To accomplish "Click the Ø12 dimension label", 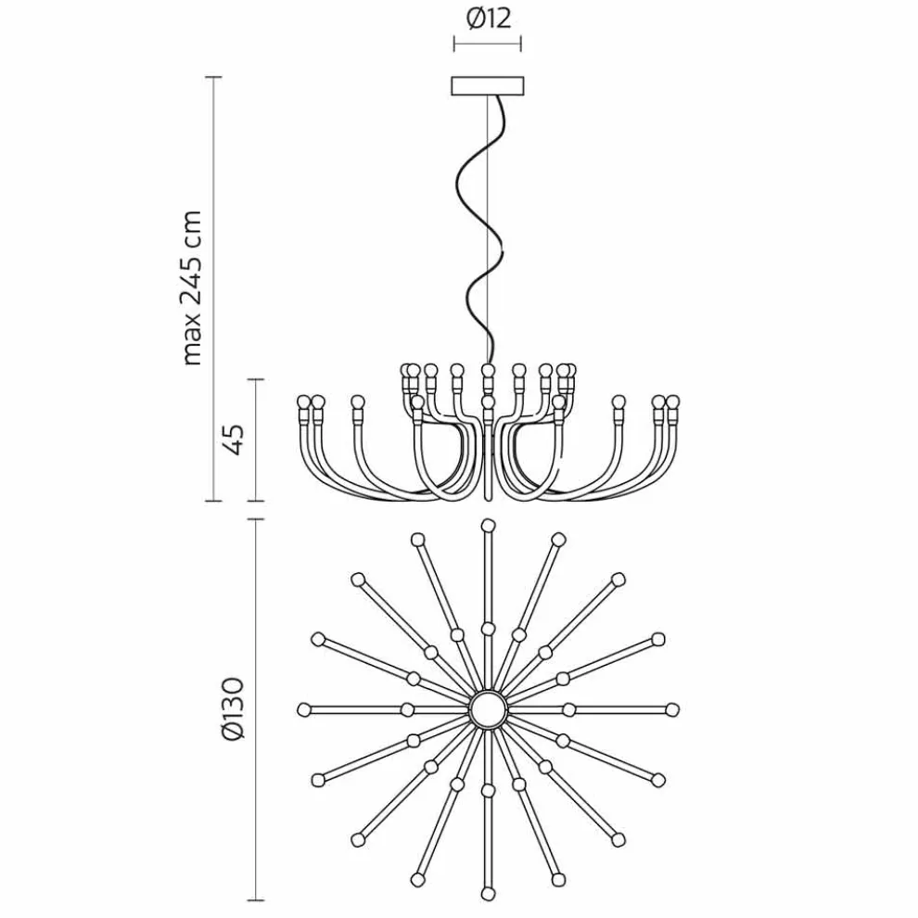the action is (x=489, y=19).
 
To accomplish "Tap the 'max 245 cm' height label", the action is (x=191, y=288).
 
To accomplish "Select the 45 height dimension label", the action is (x=234, y=440).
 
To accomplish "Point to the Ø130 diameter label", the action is (x=233, y=709).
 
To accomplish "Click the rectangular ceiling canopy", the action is (x=487, y=85).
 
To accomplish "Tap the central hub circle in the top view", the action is (x=489, y=709).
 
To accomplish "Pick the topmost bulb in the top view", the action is (x=488, y=525).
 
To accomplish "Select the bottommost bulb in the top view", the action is (x=488, y=894).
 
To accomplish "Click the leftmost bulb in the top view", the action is (x=303, y=709).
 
